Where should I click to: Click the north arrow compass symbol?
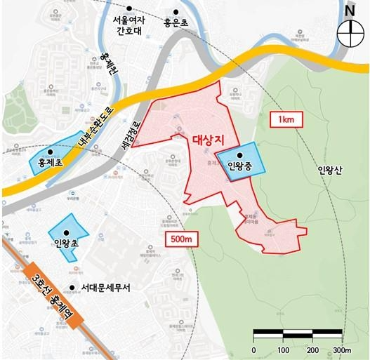[x=349, y=30]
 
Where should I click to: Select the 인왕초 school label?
[x=67, y=244]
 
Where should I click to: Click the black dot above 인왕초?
[x=67, y=232]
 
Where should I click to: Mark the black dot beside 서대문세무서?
[x=72, y=288]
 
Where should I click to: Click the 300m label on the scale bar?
[x=342, y=350]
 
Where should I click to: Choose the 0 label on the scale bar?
[x=253, y=350]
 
